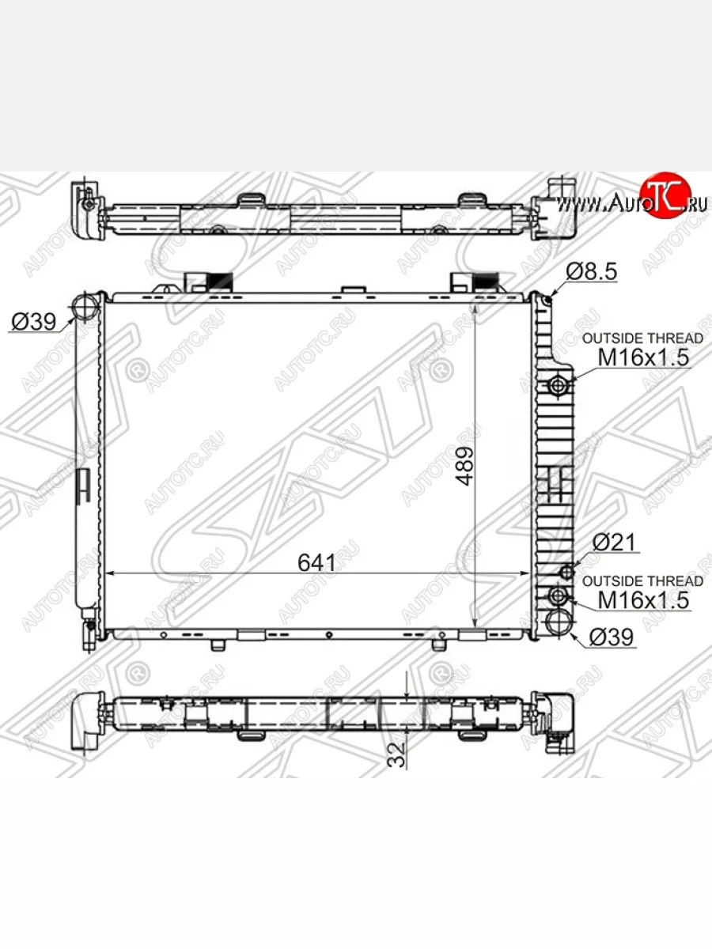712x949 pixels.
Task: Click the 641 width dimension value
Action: click(x=317, y=562)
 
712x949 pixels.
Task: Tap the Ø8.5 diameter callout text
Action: click(x=592, y=271)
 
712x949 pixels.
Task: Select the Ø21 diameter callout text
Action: click(x=615, y=543)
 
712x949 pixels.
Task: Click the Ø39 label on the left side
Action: click(x=34, y=322)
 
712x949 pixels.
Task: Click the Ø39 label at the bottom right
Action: click(x=612, y=637)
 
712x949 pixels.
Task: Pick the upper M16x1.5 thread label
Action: click(x=643, y=357)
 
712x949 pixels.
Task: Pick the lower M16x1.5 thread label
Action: click(x=643, y=600)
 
